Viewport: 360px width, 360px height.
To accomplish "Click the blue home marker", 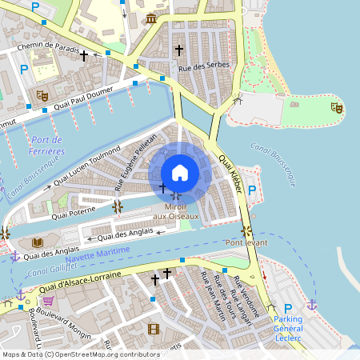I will click(x=180, y=173).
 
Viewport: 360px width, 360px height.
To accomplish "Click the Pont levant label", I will click(x=246, y=242).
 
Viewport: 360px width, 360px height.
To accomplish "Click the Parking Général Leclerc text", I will click(x=288, y=327).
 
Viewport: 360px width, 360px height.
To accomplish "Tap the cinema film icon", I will click(x=154, y=329).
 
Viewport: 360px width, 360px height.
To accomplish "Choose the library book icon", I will click(x=37, y=242).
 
